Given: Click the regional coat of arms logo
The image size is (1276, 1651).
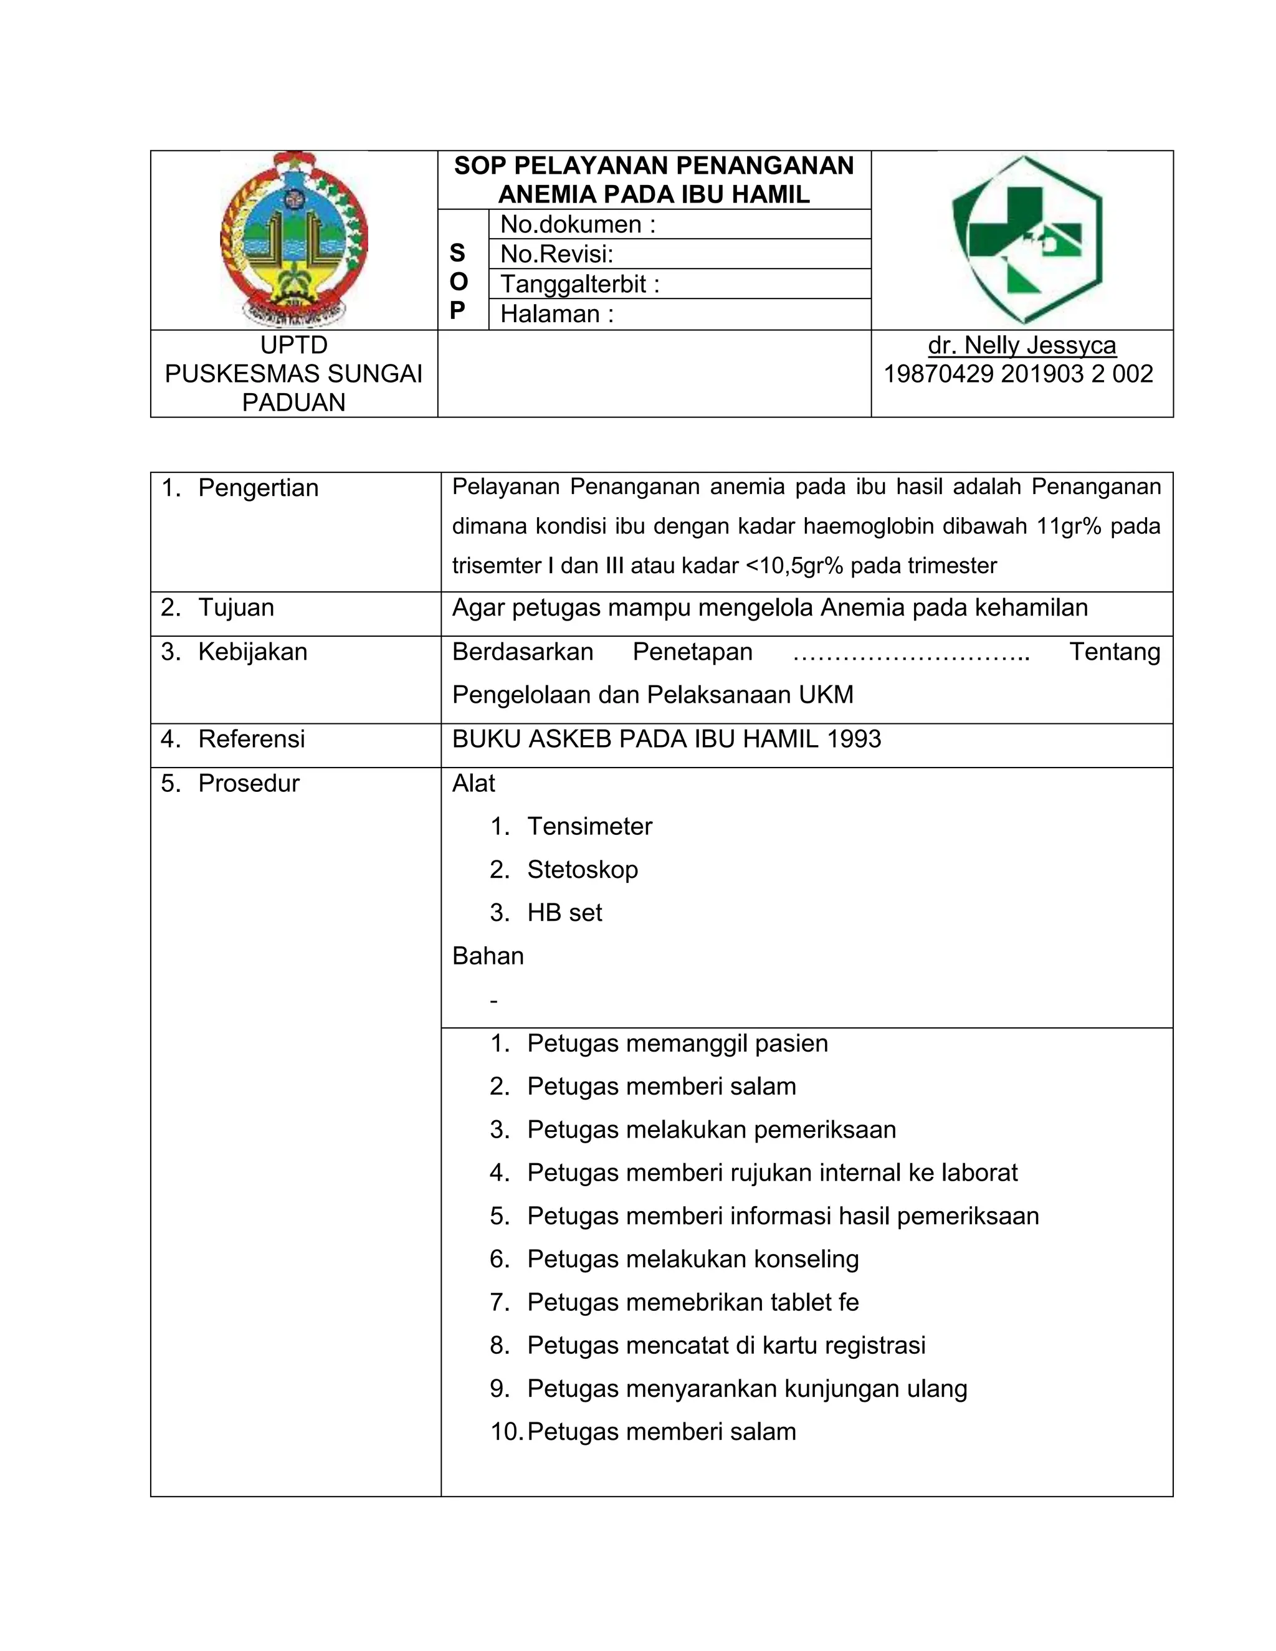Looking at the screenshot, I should tap(293, 240).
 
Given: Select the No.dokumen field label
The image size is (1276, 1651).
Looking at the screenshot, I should tap(578, 224).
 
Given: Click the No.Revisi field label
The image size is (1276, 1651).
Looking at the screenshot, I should tap(556, 254).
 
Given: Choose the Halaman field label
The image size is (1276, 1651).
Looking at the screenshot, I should tap(556, 314).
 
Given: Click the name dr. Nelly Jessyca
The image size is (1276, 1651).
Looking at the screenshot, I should tap(1021, 346).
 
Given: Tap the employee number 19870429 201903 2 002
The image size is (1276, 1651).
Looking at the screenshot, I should tap(1018, 374).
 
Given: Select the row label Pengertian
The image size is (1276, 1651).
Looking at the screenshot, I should tap(258, 488).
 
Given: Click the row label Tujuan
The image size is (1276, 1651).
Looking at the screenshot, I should tap(236, 608).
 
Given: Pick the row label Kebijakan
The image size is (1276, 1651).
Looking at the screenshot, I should tap(252, 652).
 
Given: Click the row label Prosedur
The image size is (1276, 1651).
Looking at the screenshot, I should tap(248, 783).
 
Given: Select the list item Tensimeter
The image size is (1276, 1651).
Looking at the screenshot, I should tap(589, 826).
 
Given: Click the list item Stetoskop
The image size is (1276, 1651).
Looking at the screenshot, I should tap(582, 869).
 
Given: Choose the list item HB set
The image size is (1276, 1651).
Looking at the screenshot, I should tap(564, 913).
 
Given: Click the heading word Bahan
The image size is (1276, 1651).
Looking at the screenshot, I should tap(488, 956).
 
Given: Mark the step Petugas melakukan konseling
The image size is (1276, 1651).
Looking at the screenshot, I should tap(692, 1258).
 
